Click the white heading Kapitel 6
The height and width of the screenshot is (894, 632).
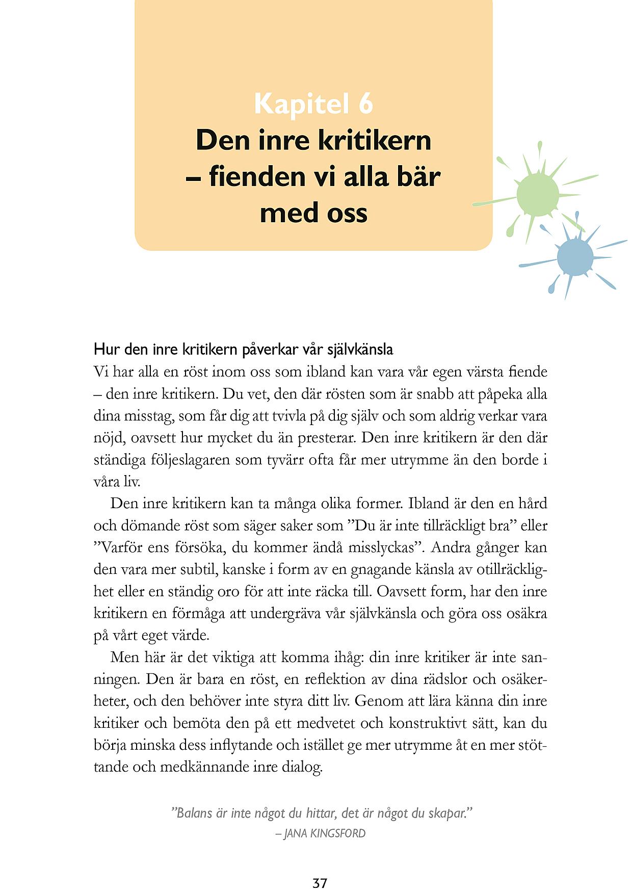click(313, 103)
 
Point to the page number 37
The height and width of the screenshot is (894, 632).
click(320, 883)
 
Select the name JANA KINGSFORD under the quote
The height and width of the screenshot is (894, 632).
click(325, 833)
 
